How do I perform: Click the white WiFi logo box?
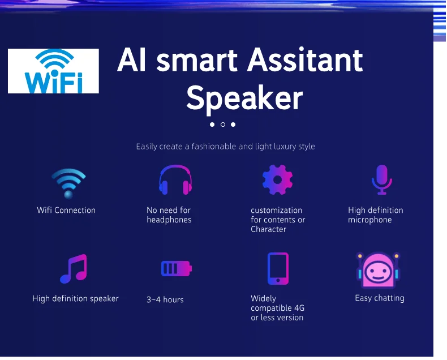(x=53, y=71)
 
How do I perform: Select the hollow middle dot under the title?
(x=223, y=125)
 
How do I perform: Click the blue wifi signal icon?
(x=68, y=183)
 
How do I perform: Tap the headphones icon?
(x=175, y=181)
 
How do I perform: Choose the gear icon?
(x=277, y=179)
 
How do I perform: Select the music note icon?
(x=74, y=269)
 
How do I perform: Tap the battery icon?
(x=176, y=268)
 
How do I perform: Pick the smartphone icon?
(x=278, y=268)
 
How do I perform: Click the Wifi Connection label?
(x=66, y=210)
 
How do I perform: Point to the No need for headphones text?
(x=169, y=215)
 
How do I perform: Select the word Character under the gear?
(x=268, y=229)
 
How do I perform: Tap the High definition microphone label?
(x=375, y=215)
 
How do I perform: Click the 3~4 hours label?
(x=165, y=299)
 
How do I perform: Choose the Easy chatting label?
(x=379, y=298)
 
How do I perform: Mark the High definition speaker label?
(x=75, y=298)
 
